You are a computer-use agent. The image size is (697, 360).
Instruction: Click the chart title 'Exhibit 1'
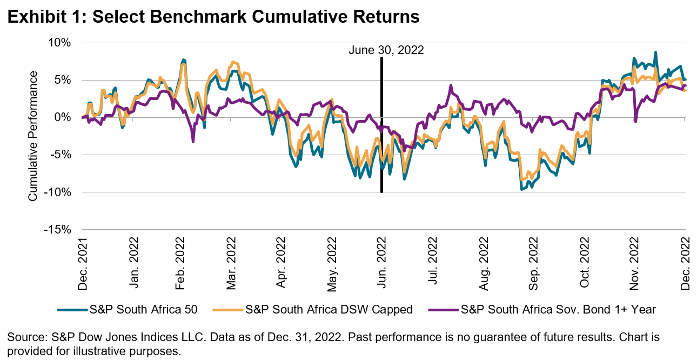point(45,17)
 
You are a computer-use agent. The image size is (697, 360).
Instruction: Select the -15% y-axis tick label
point(60,230)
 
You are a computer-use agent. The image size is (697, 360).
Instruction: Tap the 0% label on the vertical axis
point(65,117)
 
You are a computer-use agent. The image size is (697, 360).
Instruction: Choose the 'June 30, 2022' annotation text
point(386,50)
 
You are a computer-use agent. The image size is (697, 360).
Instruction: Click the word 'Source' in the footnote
point(23,337)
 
